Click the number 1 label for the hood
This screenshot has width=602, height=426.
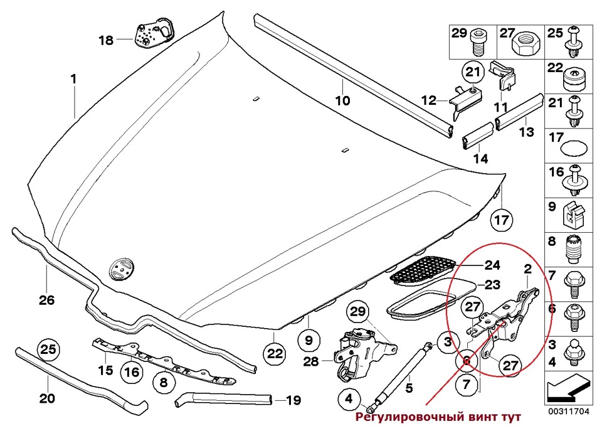(73, 80)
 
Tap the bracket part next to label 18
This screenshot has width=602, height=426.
(153, 34)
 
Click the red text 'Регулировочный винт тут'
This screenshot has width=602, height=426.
(439, 417)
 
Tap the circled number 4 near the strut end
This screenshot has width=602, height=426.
(348, 398)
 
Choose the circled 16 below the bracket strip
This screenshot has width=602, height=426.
(130, 373)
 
